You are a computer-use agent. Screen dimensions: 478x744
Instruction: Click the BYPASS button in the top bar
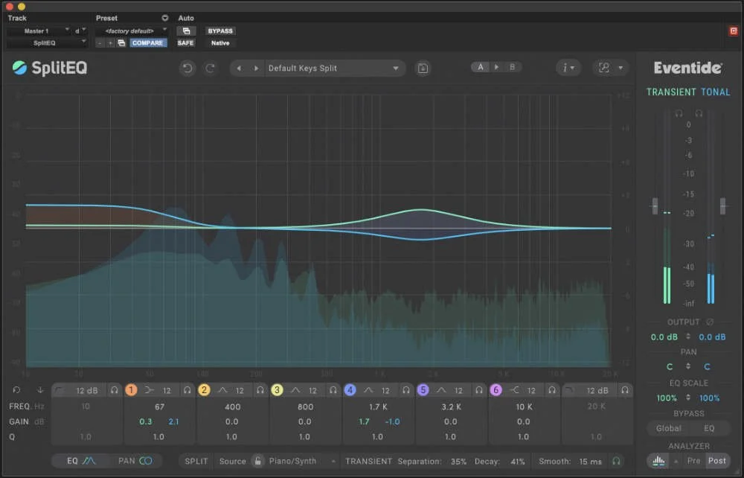[220, 31]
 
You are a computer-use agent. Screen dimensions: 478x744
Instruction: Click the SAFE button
[185, 43]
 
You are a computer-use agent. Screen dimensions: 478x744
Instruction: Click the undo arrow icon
[187, 68]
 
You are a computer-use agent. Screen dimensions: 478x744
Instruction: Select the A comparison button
[481, 68]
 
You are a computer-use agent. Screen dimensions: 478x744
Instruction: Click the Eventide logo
[687, 68]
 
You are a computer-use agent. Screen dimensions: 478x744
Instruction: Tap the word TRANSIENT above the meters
[670, 92]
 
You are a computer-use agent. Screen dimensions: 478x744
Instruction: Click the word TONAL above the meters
[716, 92]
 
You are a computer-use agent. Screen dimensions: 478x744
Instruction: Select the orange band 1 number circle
[132, 390]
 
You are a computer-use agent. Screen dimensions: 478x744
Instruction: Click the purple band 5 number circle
[423, 390]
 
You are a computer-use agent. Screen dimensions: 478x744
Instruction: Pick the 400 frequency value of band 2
[232, 407]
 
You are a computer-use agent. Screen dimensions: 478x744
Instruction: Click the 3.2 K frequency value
[451, 407]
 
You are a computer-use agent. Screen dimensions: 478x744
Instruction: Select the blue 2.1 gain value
[174, 421]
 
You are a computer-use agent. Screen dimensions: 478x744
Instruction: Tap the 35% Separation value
[458, 462]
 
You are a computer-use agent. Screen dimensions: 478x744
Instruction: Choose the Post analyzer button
[717, 462]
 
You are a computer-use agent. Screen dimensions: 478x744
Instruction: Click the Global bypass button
[668, 428]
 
